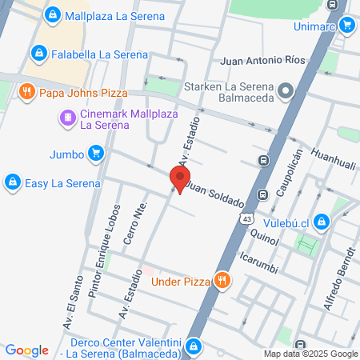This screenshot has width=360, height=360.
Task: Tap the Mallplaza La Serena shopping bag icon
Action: [52, 14]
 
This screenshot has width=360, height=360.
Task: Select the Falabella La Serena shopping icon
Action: [38, 54]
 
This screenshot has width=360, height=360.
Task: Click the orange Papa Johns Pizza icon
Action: [26, 91]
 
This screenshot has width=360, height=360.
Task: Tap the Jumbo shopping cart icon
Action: [96, 152]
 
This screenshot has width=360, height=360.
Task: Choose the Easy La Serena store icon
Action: [12, 182]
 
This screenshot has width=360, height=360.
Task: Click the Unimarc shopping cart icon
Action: [346, 25]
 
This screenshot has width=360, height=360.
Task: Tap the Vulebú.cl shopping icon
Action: [321, 221]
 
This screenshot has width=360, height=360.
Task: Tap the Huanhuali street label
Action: [332, 160]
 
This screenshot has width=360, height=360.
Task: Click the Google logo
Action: [26, 350]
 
